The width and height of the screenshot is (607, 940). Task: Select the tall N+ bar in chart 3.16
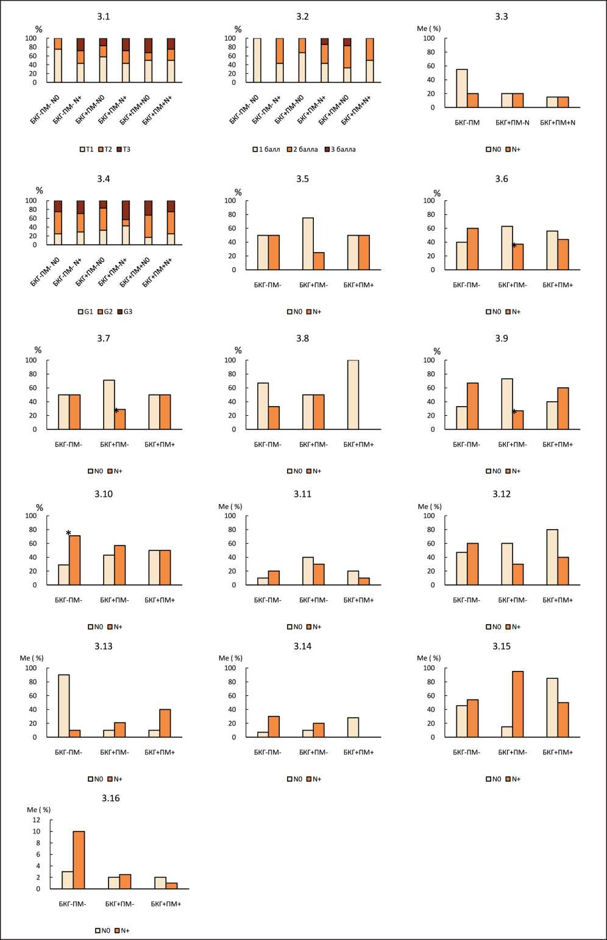79,860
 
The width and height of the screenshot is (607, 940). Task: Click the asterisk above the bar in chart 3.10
68,533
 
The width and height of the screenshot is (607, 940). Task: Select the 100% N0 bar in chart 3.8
353,395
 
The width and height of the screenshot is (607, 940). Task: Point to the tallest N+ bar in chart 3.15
517,704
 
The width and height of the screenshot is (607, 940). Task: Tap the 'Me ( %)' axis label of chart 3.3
428,29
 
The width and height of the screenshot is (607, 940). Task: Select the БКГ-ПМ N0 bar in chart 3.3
462,88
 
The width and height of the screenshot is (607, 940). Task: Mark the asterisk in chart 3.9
514,412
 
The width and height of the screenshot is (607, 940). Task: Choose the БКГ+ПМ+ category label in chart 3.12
557,600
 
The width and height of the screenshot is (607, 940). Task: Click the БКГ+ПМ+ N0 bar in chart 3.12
552,557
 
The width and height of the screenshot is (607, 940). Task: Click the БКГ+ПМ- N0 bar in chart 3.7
109,404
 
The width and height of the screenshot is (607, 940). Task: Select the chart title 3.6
502,179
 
